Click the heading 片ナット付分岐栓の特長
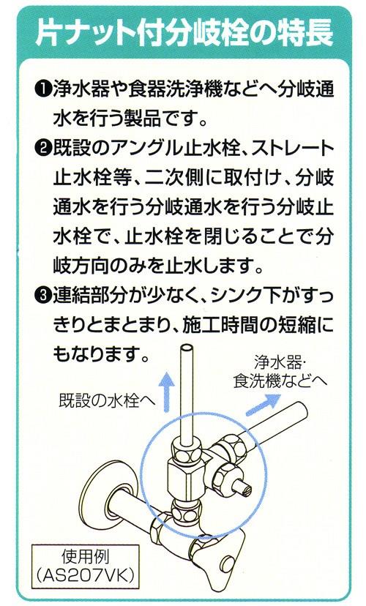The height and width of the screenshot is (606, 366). tap(184, 32)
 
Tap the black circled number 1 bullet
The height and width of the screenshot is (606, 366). tap(41, 91)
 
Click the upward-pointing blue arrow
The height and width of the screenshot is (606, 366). tap(167, 391)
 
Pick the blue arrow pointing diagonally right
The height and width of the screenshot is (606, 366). tap(263, 404)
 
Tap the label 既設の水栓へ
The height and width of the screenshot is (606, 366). tap(107, 401)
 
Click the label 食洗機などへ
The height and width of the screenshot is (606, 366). tap(281, 382)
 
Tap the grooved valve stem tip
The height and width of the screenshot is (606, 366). tap(244, 490)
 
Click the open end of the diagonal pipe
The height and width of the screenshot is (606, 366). tap(301, 410)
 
